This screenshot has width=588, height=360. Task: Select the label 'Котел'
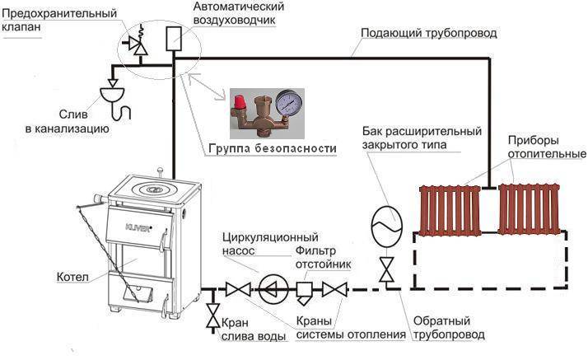[x=72, y=276]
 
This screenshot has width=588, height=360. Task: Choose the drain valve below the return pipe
[x=213, y=316]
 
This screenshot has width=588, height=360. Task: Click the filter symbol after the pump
[x=304, y=289]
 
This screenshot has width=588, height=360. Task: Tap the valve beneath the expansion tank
[x=384, y=269]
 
